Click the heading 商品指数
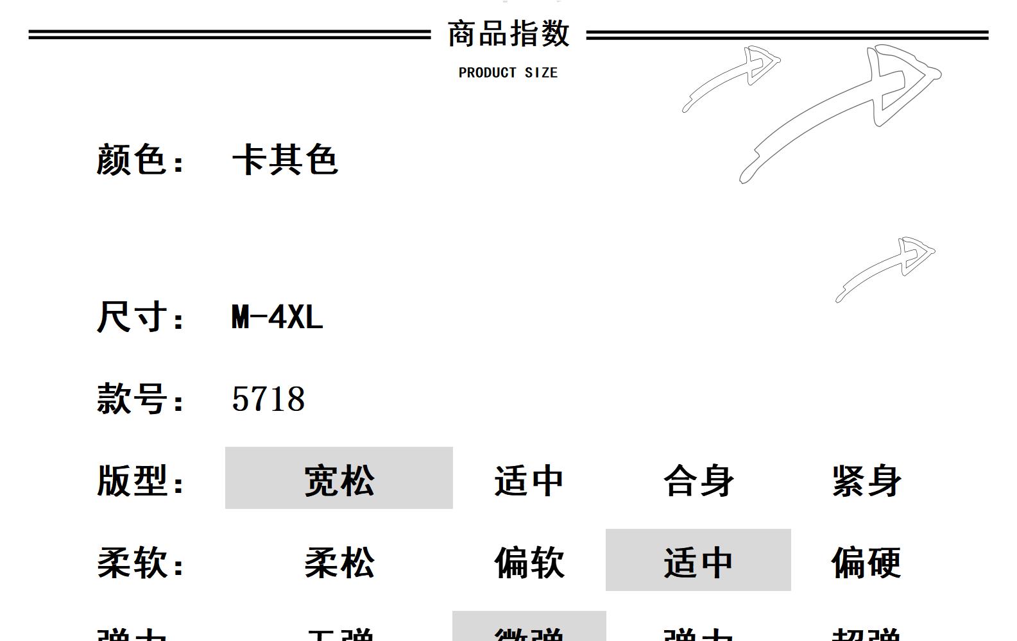[x=508, y=34]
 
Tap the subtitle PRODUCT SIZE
[x=508, y=72]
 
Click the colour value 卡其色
[x=285, y=160]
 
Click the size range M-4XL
[x=277, y=317]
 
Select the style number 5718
[x=268, y=399]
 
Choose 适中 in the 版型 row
[x=529, y=481]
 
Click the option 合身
[x=698, y=481]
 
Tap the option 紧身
[x=867, y=481]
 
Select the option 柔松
[x=339, y=563]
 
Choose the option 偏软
[x=529, y=563]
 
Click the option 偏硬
[x=867, y=563]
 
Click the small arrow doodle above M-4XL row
[x=889, y=268]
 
